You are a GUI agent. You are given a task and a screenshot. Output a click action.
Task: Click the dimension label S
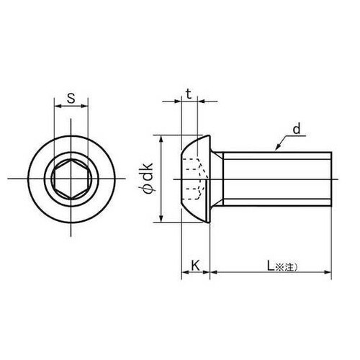(71, 98)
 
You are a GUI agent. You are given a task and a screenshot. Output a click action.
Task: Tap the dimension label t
(189, 94)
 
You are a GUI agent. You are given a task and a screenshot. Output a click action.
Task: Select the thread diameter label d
(297, 130)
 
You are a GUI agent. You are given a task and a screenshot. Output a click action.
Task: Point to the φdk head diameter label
(148, 178)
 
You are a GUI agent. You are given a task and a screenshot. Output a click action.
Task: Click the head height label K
(196, 266)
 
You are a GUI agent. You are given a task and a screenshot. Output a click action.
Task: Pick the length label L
(271, 266)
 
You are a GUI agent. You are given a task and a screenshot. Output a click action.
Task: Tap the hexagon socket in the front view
(71, 179)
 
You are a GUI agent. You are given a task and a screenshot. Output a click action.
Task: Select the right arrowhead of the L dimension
(328, 272)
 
